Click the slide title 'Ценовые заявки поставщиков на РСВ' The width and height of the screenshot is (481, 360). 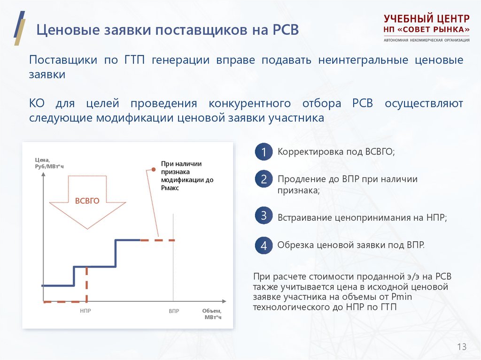point(168,31)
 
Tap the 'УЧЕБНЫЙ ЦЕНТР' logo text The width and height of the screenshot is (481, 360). point(426,19)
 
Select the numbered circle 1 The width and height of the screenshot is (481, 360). point(264,153)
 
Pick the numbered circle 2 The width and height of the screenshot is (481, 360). point(264,179)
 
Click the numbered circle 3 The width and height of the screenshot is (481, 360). point(264,216)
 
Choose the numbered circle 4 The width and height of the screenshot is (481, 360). point(264,245)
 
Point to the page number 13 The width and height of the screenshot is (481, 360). point(461,347)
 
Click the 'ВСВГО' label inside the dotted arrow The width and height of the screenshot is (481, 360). point(87,201)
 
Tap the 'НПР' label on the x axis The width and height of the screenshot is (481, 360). point(85,311)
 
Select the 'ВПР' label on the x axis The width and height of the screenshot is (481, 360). point(174,311)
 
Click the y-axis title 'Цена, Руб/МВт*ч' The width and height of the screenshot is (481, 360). point(49,163)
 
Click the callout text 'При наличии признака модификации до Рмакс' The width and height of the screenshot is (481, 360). point(181,176)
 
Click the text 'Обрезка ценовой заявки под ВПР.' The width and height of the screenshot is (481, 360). point(351,245)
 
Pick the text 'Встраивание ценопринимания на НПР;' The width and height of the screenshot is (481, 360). point(362,218)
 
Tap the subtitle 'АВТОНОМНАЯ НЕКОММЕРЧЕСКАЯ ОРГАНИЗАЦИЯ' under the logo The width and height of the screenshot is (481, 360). point(426,40)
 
